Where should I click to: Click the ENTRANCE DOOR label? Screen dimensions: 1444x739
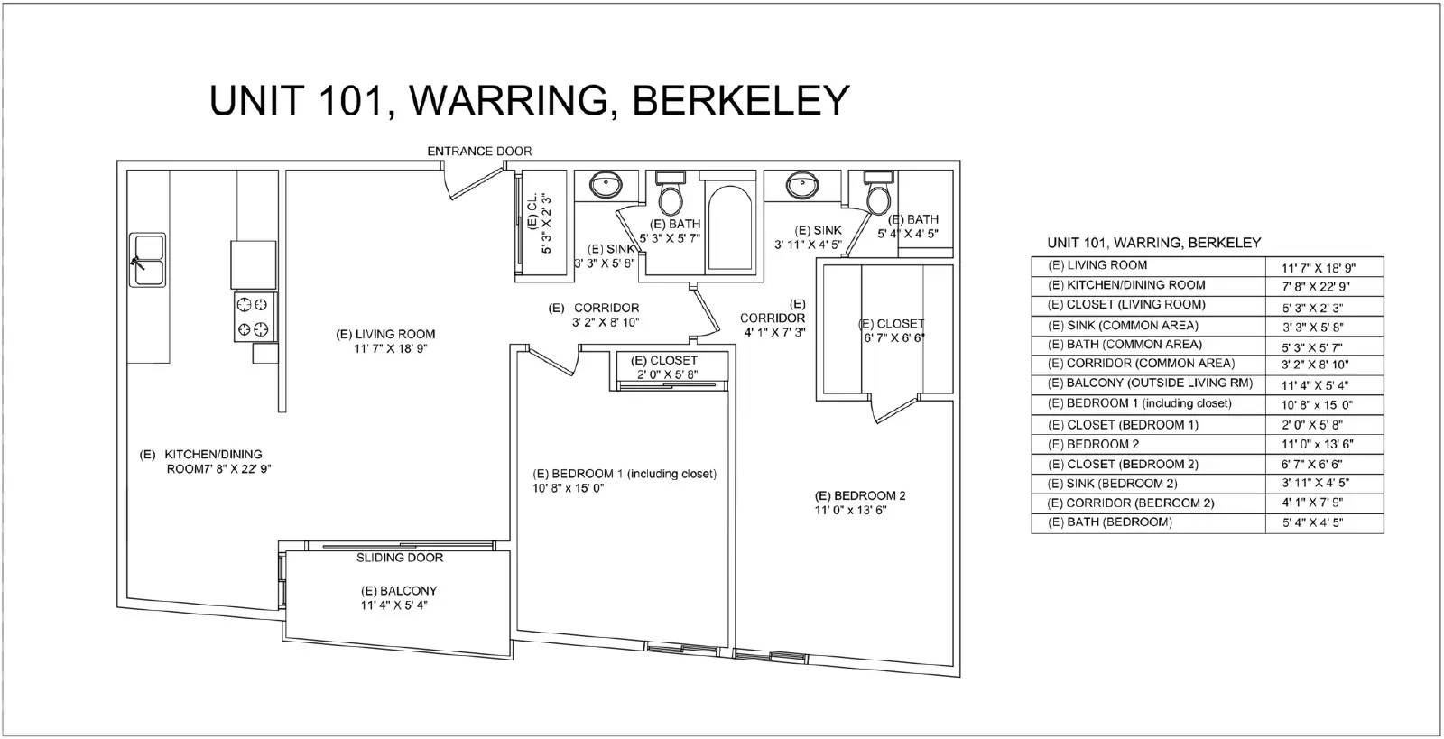pos(479,152)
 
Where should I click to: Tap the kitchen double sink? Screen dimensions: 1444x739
pos(148,260)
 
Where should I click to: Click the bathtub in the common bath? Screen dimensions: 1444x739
pos(729,227)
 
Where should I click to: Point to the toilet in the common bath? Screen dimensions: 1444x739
pos(671,192)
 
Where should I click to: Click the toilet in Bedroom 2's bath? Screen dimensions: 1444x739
pos(878,192)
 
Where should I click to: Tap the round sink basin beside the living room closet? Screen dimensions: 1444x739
pos(606,185)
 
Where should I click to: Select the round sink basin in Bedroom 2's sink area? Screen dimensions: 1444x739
pos(802,185)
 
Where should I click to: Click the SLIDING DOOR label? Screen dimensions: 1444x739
pos(400,558)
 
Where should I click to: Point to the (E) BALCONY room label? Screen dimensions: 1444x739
pos(398,591)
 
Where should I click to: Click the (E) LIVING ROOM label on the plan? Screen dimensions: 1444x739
pos(385,335)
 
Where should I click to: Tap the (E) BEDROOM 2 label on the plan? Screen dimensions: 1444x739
pos(860,495)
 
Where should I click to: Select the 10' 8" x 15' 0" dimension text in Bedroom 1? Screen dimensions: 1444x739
pos(568,488)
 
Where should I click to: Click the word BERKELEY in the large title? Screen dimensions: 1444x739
pos(741,100)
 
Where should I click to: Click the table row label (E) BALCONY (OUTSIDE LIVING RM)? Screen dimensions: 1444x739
pos(1150,383)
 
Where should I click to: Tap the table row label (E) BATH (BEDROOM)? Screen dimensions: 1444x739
pos(1110,522)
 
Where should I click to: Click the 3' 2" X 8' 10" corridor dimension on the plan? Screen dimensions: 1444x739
pos(606,322)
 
